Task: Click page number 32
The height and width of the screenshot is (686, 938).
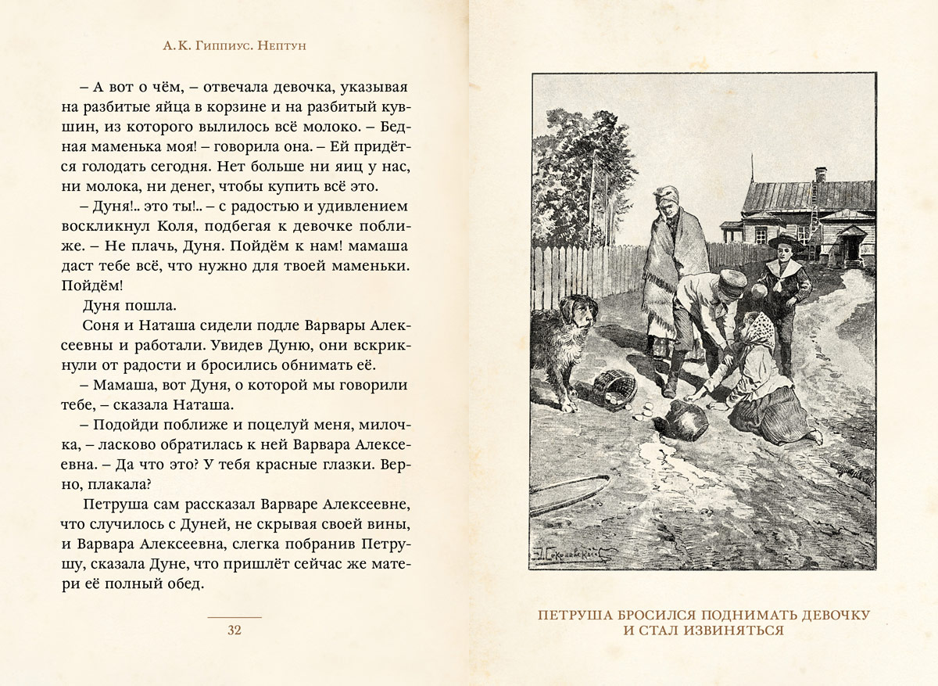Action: click(234, 630)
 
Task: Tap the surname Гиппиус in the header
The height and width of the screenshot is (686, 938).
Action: click(213, 46)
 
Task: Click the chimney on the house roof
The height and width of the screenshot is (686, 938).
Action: click(820, 174)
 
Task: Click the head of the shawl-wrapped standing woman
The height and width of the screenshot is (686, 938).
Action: click(667, 202)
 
